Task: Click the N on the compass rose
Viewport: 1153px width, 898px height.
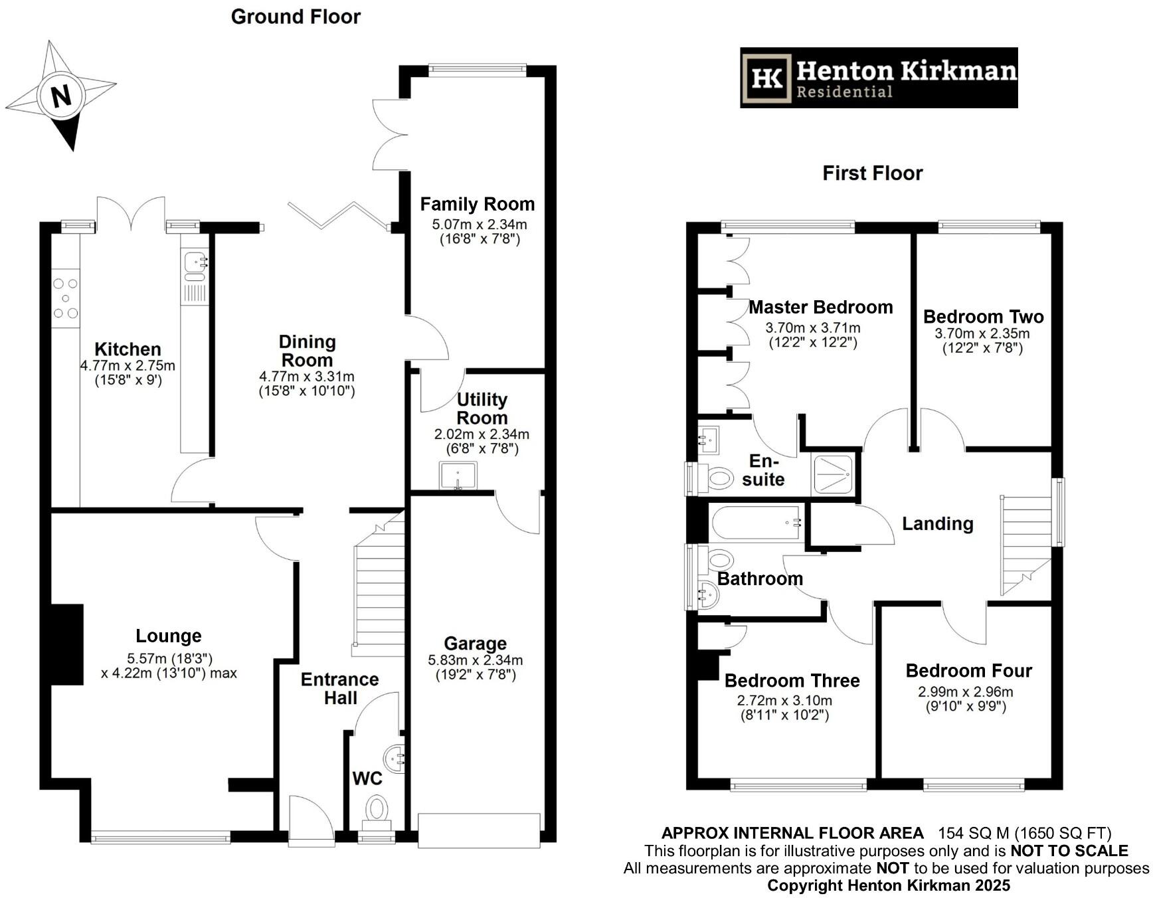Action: (61, 96)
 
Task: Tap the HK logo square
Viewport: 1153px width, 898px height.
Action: (767, 78)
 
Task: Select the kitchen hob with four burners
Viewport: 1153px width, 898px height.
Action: (66, 298)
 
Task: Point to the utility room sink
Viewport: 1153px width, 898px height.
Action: (458, 476)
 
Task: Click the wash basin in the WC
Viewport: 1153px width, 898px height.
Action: (395, 759)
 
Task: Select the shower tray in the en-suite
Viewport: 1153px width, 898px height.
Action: (833, 474)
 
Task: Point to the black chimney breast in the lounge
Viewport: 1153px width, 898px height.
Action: (67, 644)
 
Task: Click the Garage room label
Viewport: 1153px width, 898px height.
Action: (476, 644)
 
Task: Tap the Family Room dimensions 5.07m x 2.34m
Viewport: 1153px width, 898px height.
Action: (480, 224)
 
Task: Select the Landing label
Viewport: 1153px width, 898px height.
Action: (938, 524)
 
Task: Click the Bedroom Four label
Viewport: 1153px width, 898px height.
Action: (969, 671)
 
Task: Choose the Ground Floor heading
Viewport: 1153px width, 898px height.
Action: (296, 17)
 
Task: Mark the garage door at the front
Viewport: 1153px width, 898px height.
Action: (479, 830)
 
